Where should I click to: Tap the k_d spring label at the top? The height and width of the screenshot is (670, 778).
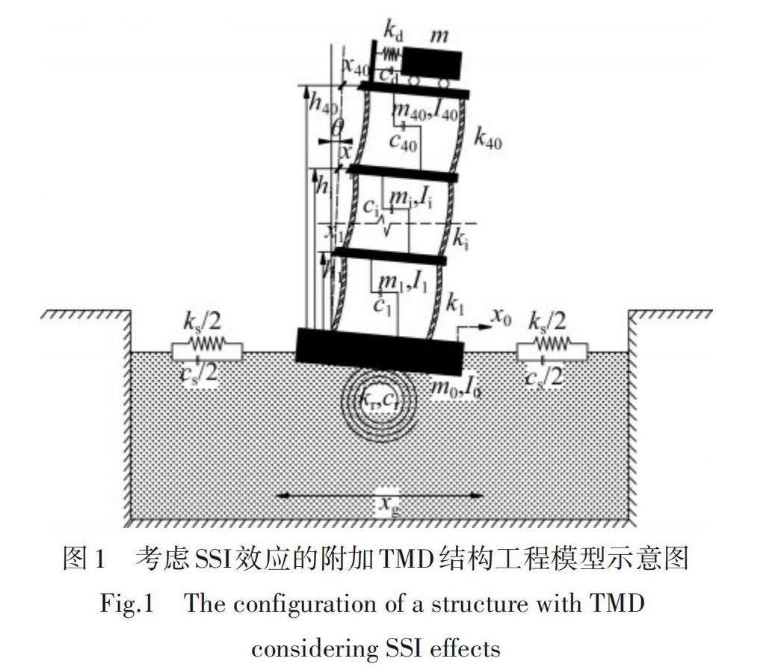click(394, 31)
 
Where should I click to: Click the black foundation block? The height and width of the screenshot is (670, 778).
click(380, 351)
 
